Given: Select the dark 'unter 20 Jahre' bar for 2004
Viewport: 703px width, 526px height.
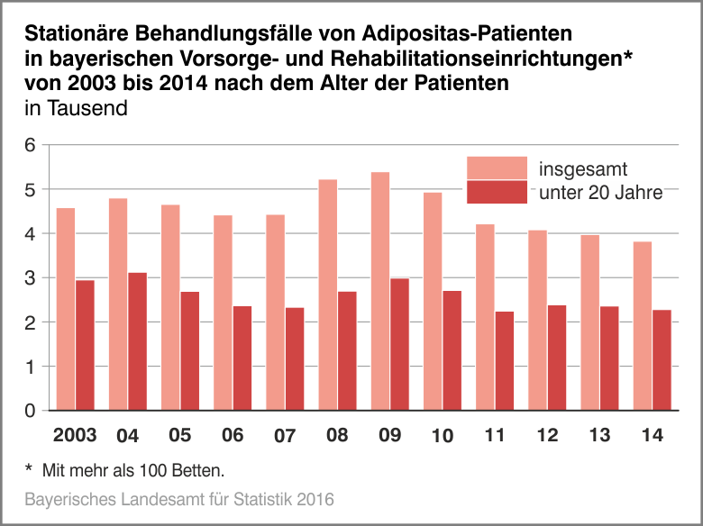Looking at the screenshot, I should coord(137,341).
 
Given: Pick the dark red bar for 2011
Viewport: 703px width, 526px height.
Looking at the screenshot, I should coord(505,361).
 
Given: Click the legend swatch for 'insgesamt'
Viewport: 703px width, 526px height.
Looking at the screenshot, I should coord(497,168).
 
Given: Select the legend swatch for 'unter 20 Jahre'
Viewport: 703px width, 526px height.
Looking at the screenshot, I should coord(497,192).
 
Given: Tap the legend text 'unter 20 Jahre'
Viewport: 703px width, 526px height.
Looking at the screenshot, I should coord(600,192).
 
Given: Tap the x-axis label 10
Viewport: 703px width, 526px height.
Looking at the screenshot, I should coord(442,436).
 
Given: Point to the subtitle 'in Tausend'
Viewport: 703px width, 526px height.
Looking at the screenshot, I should coord(77,109).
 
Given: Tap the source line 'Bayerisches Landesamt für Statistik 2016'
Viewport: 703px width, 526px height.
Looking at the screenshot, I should coord(179,498).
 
